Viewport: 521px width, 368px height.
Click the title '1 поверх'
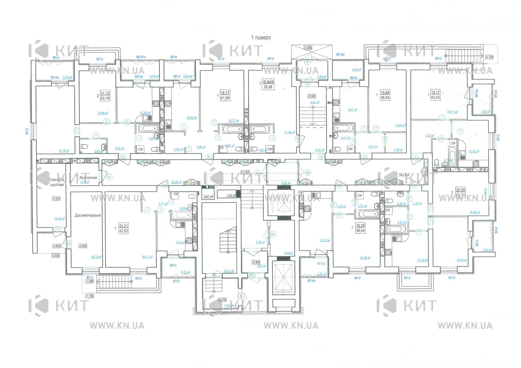[x=261, y=37]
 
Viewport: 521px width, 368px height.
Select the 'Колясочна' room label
[x=88, y=177]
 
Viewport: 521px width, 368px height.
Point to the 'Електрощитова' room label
[x=57, y=182]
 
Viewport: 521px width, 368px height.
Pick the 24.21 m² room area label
[x=148, y=257]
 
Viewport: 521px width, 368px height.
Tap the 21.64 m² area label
[x=289, y=132]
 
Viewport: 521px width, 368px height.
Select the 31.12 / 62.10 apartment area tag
[x=105, y=95]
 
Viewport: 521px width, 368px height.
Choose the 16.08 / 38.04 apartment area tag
[x=360, y=228]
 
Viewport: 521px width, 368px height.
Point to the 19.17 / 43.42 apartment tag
[x=435, y=95]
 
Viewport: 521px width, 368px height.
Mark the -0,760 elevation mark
[x=489, y=57]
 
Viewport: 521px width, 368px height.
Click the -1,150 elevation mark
[x=89, y=296]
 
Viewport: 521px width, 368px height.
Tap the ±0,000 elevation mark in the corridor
[x=245, y=172]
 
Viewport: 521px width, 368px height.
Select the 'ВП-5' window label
[x=56, y=58]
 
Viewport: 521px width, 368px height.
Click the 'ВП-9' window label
[x=176, y=281]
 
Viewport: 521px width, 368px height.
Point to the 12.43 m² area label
[x=325, y=240]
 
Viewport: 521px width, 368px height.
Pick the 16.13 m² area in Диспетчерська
[x=96, y=257]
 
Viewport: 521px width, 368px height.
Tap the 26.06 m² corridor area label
[x=176, y=182]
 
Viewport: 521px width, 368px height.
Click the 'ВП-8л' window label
[x=311, y=280]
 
